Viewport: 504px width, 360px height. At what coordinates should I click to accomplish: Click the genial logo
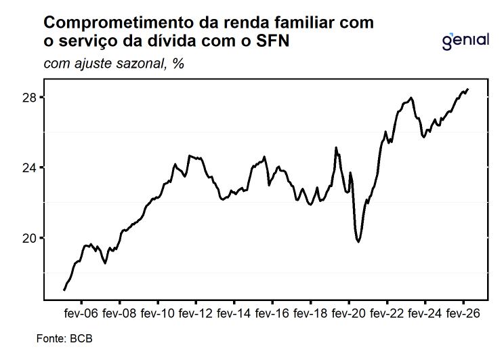pyautogui.click(x=466, y=41)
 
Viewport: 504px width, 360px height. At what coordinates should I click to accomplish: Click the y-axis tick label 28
pyautogui.click(x=29, y=98)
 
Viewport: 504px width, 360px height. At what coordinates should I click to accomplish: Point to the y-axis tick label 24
pyautogui.click(x=29, y=167)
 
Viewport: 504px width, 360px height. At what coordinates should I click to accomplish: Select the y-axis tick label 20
pyautogui.click(x=29, y=238)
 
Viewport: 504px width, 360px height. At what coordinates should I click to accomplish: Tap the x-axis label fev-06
pyautogui.click(x=81, y=313)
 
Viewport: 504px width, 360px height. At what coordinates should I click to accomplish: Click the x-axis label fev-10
pyautogui.click(x=157, y=313)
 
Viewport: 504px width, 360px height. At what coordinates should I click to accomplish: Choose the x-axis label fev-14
pyautogui.click(x=234, y=313)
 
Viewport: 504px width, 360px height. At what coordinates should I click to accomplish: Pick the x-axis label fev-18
pyautogui.click(x=310, y=313)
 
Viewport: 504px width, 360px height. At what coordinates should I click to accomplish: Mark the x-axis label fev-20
pyautogui.click(x=348, y=313)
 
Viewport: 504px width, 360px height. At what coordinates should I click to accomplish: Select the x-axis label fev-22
pyautogui.click(x=387, y=313)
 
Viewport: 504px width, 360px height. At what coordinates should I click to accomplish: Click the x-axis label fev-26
pyautogui.click(x=463, y=313)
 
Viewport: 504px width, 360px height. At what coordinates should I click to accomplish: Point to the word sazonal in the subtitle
pyautogui.click(x=140, y=63)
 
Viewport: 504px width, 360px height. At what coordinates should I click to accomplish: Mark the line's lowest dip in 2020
pyautogui.click(x=358, y=241)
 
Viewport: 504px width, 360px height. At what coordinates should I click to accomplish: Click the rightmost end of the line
pyautogui.click(x=468, y=89)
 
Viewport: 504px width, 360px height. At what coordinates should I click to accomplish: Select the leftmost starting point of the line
pyautogui.click(x=64, y=290)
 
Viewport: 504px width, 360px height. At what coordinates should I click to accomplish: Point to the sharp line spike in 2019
pyautogui.click(x=336, y=148)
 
